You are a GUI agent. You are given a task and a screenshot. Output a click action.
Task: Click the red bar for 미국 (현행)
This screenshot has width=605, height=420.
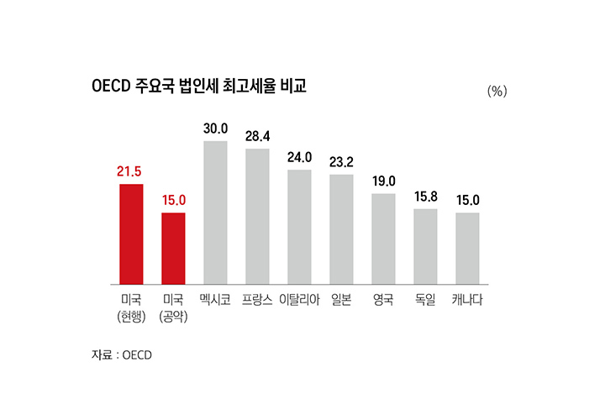[x=131, y=234]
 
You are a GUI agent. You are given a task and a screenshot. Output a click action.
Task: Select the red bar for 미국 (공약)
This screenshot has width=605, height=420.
[x=173, y=248]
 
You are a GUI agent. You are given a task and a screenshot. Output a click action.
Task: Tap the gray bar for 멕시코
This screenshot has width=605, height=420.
[x=215, y=213]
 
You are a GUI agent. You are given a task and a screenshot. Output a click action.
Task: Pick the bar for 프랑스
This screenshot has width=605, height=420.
[x=257, y=216]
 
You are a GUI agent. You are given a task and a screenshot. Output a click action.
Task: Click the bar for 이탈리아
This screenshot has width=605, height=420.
[x=299, y=227]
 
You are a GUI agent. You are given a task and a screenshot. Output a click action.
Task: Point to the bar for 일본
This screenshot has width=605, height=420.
[x=341, y=228]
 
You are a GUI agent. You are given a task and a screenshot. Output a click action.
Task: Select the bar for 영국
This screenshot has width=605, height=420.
[x=383, y=239]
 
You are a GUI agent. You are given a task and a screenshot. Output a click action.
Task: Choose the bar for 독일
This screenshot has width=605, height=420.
[x=425, y=246]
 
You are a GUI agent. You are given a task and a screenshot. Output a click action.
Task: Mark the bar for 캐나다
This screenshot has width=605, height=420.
[x=467, y=248]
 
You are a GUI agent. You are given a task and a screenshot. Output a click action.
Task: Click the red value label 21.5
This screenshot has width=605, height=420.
[x=129, y=172]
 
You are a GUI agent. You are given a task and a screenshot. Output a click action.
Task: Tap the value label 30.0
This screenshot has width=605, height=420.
[x=215, y=129]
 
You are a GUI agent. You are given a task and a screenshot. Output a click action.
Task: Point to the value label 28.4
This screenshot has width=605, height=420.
[x=257, y=136]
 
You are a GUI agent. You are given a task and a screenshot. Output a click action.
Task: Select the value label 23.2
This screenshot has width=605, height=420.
[x=341, y=162]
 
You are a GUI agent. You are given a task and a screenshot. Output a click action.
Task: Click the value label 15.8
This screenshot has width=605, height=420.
[x=425, y=197]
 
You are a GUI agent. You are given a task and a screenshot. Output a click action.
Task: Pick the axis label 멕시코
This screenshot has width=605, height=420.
[x=215, y=299]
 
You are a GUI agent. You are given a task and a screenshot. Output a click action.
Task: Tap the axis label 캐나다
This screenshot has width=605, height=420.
[x=467, y=299]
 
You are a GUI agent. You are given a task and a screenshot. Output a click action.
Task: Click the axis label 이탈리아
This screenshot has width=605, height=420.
[x=299, y=299]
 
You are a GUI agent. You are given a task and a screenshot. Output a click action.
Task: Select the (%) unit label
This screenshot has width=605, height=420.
[x=497, y=92]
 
